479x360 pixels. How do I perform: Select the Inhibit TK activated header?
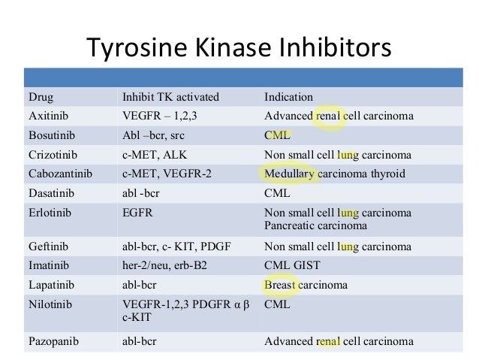(170, 97)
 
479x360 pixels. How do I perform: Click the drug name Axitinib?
(47, 116)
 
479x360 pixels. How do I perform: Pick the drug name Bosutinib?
(49, 136)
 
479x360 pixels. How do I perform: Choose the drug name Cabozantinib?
(59, 174)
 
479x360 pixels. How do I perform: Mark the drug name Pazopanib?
(51, 341)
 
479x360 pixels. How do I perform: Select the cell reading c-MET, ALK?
(155, 155)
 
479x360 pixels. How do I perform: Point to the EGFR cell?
(137, 212)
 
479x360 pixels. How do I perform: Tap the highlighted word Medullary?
(289, 174)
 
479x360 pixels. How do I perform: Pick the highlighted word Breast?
(280, 286)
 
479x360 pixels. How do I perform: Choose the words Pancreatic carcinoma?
(315, 225)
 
